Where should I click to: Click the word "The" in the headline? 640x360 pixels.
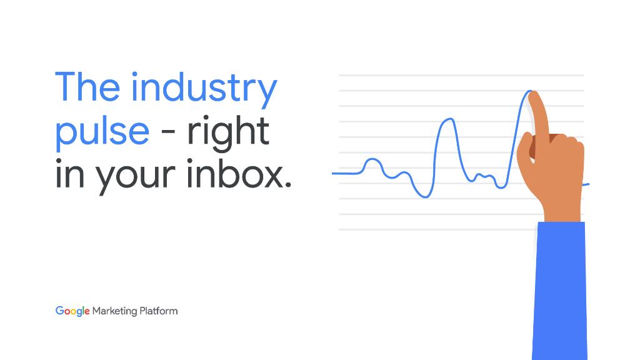(87, 86)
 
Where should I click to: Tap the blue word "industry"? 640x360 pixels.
(204, 90)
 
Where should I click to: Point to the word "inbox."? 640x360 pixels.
(239, 174)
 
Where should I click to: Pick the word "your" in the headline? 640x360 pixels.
(136, 178)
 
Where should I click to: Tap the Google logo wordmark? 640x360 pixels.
(72, 311)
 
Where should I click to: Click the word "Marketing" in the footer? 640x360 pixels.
(115, 311)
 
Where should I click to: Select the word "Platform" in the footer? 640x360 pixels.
(159, 311)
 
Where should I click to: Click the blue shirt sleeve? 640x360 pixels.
(559, 291)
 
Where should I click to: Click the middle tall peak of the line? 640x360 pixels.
(449, 119)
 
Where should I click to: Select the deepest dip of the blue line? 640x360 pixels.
(425, 197)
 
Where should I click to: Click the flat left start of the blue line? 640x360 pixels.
(345, 174)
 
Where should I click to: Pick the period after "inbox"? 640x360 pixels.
(288, 184)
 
